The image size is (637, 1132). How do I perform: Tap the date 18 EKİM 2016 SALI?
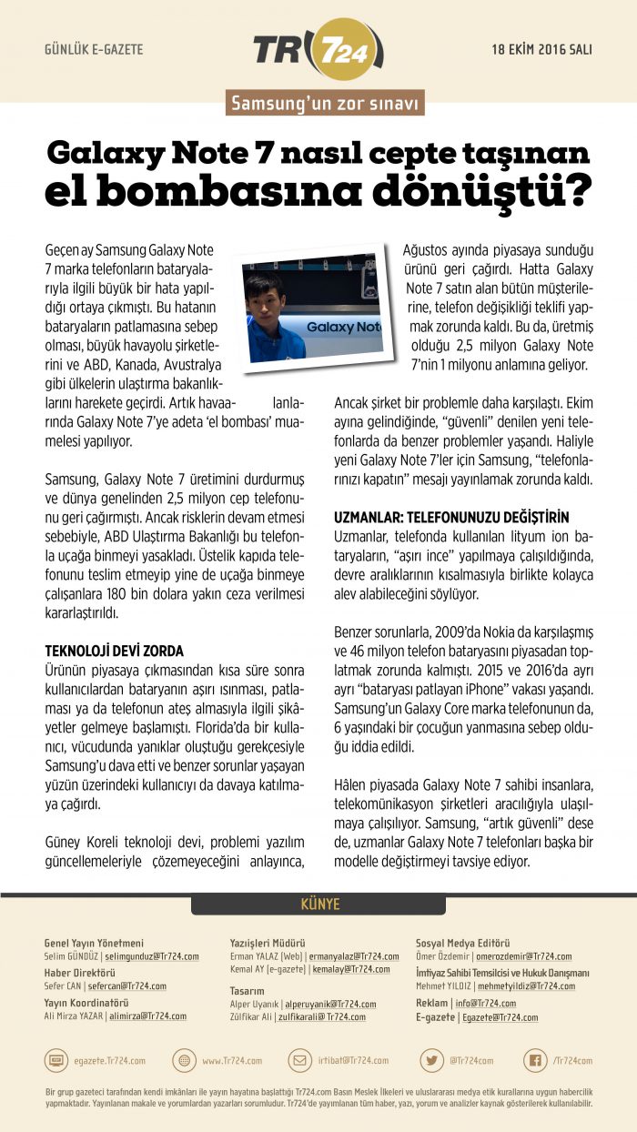point(541,49)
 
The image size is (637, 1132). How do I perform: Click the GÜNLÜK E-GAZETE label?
point(94,49)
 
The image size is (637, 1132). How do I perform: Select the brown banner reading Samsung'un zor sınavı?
point(325,104)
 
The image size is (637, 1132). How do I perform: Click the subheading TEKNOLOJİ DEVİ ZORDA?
point(115,652)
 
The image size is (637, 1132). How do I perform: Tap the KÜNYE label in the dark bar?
point(319,905)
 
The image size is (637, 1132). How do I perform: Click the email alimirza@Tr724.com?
point(147,1016)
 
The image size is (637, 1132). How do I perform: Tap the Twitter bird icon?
point(431,1060)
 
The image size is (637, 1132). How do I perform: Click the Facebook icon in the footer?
point(535,1060)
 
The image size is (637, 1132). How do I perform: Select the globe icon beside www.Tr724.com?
point(185,1060)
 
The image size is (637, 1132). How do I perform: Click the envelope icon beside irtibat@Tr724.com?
point(300,1060)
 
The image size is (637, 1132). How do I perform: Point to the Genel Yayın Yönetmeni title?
point(94,943)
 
